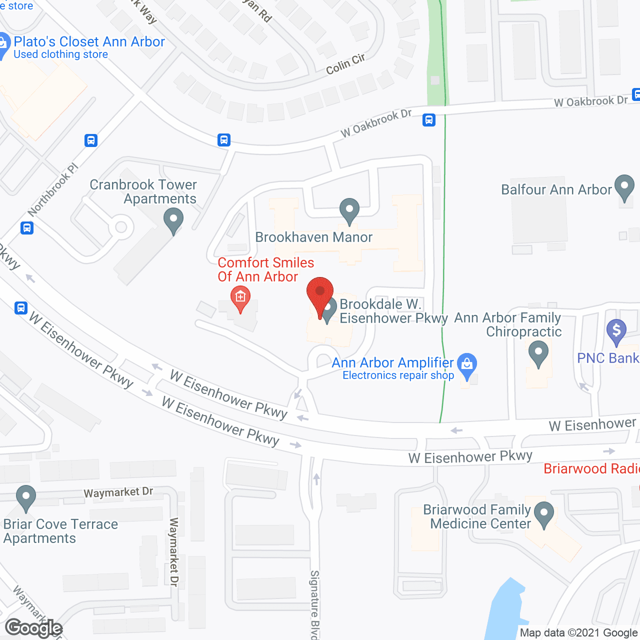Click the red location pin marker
pos(320,295)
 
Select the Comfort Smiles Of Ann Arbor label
pos(265,269)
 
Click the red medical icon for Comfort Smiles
pos(240,298)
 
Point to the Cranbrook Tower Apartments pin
pos(173,220)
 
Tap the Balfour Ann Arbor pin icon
pos(624,187)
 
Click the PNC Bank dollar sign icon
pos(616,331)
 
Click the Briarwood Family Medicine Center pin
pos(543,514)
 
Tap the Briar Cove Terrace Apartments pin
pos(26,498)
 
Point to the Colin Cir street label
pos(345,64)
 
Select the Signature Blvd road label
pos(314,604)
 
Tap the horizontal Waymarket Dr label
pos(118,492)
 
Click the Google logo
pos(34,628)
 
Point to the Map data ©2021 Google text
pos(578,633)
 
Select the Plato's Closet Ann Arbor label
pos(89,42)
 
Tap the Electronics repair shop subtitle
pos(398,375)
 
